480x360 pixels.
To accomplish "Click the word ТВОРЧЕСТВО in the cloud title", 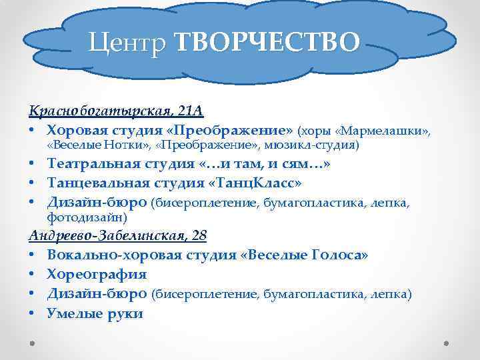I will (267, 42).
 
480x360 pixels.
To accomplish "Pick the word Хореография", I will (97, 274).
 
